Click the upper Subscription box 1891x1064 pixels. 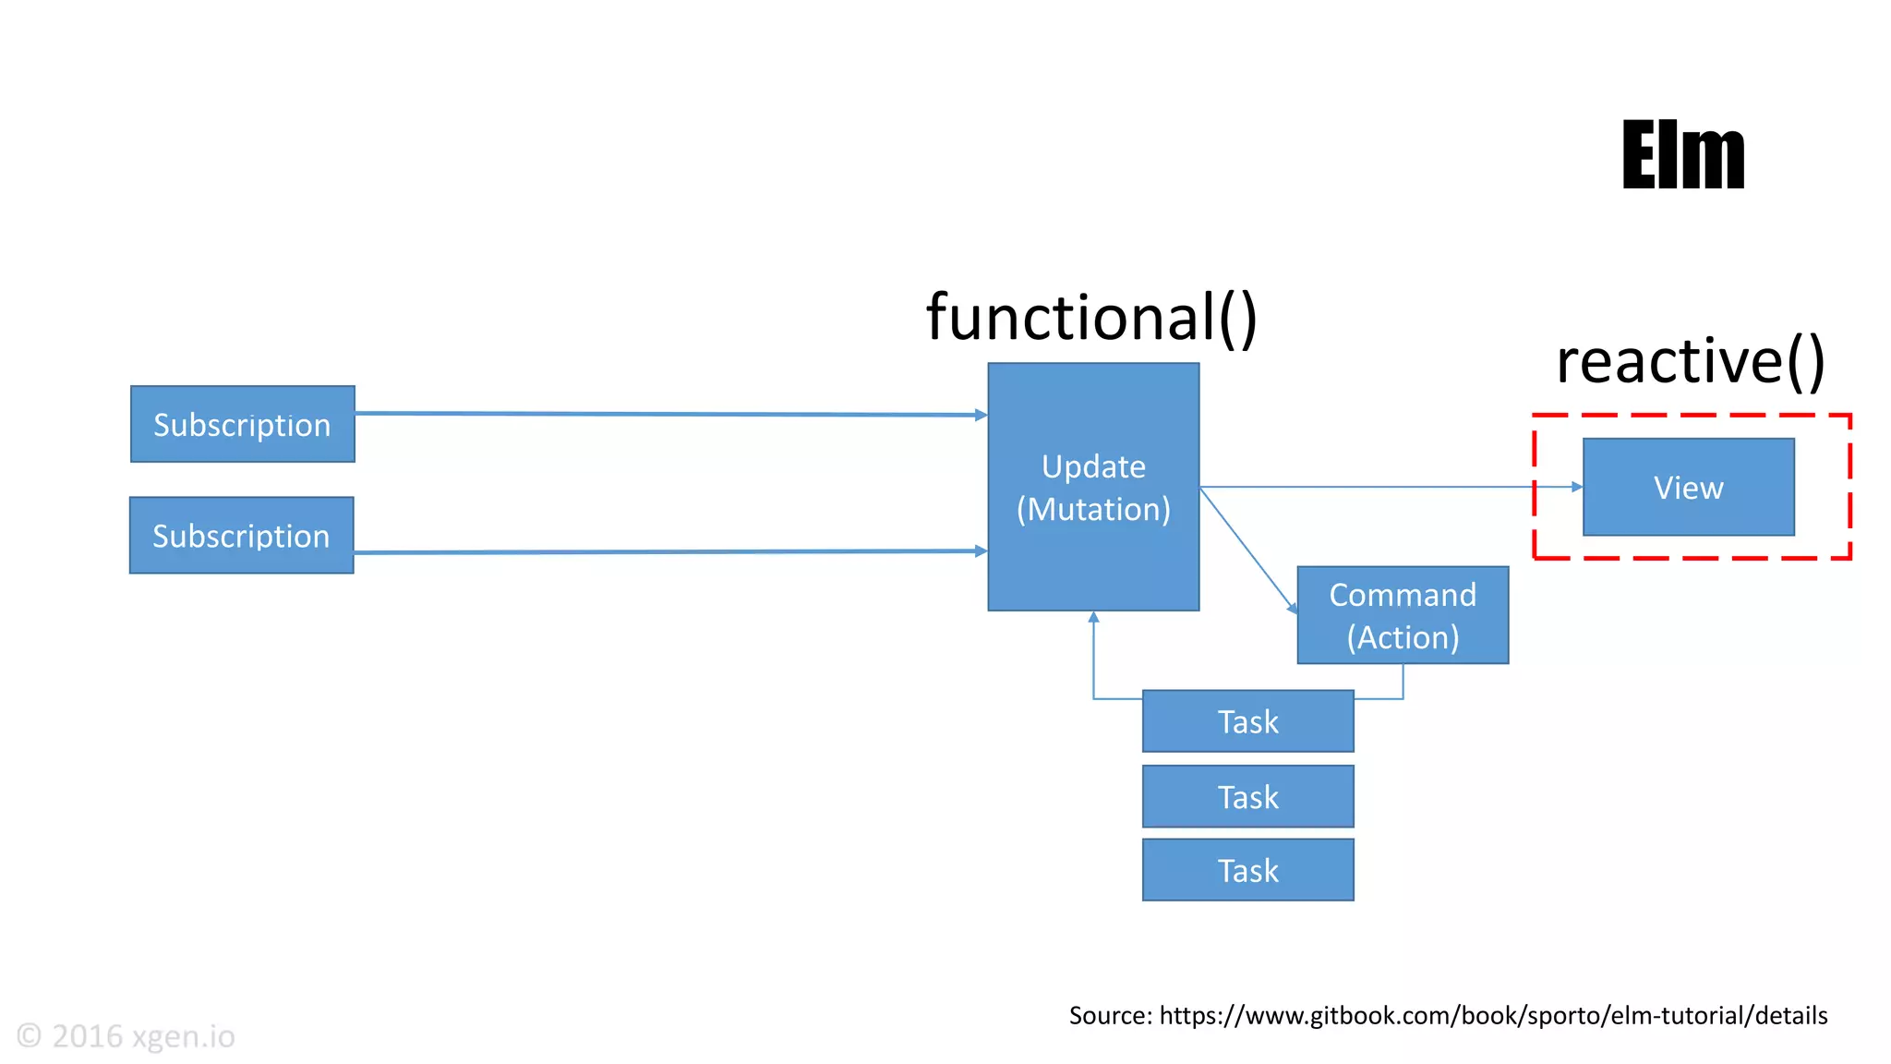242,424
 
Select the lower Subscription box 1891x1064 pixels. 241,536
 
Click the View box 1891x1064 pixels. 1688,487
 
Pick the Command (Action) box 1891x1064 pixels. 1402,615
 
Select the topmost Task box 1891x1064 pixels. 1247,721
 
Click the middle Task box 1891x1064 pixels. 1247,796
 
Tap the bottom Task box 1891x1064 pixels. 1247,870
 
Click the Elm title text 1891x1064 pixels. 1682,155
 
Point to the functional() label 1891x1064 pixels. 1091,317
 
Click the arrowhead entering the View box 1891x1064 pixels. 1577,487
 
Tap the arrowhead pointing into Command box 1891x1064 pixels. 1293,609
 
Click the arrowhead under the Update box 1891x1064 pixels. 1093,617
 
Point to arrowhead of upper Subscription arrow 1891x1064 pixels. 982,416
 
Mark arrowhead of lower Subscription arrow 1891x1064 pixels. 982,551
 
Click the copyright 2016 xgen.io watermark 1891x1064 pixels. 126,1036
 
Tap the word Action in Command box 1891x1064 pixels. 1403,637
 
